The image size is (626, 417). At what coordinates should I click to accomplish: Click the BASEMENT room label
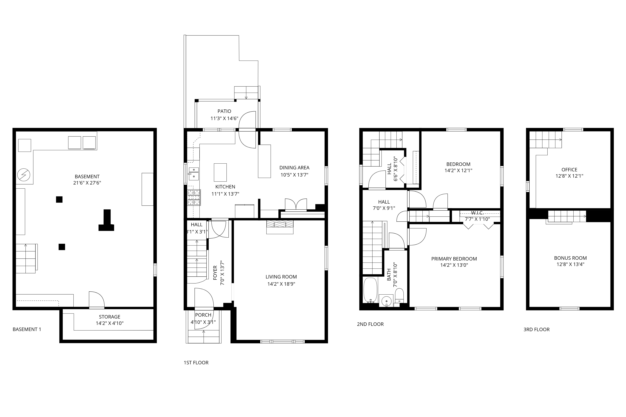(87, 177)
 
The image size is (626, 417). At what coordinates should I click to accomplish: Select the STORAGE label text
(110, 317)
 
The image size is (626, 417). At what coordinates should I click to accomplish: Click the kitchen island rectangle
(220, 172)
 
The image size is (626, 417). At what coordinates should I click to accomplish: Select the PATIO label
(224, 111)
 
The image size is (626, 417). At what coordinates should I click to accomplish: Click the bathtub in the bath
(370, 290)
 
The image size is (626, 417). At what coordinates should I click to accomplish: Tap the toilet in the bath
(399, 296)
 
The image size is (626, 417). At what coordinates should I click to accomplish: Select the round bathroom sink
(386, 301)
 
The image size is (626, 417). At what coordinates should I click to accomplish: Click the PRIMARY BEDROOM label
(454, 259)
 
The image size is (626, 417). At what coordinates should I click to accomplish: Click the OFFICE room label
(569, 170)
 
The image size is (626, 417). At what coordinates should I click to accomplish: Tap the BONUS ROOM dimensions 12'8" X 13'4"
(570, 264)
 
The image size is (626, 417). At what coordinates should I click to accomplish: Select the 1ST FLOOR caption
(196, 363)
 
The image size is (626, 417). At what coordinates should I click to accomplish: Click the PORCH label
(203, 315)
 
